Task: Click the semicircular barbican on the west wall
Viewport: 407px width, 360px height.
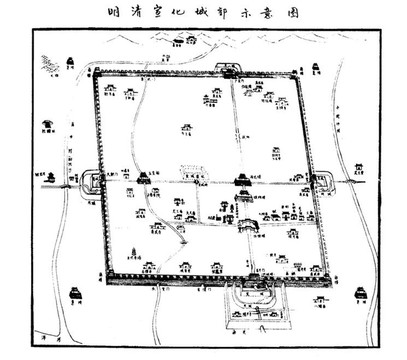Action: (89, 180)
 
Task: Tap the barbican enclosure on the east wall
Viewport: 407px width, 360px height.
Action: (322, 182)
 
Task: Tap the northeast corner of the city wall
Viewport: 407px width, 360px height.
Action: (299, 72)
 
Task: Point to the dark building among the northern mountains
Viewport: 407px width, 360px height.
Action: (182, 43)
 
